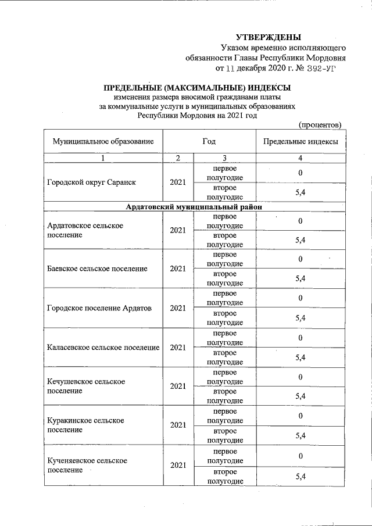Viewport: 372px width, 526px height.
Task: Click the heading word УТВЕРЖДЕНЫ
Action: point(273,38)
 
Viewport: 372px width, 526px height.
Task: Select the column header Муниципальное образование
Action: point(103,142)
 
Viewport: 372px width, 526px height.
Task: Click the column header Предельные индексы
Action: point(301,142)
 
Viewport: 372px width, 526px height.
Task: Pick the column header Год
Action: point(209,142)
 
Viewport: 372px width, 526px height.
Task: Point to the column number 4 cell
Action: point(301,158)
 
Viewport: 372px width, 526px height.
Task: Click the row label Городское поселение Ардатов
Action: point(98,308)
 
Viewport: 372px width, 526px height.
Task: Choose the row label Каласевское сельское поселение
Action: point(103,348)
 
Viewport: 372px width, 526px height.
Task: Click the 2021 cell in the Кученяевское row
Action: point(178,465)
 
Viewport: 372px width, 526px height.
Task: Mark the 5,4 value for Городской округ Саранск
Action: point(301,192)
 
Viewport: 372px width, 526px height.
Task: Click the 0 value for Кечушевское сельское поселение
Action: point(301,377)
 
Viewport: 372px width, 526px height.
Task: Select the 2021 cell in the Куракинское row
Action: point(178,425)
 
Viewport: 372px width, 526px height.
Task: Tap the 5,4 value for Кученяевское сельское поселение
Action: point(301,477)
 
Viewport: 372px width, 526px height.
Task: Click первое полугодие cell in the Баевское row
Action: point(224,259)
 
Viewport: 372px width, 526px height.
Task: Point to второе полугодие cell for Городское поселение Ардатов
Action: point(224,318)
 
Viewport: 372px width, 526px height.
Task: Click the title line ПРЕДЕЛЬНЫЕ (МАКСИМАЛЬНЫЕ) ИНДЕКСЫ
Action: point(196,88)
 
